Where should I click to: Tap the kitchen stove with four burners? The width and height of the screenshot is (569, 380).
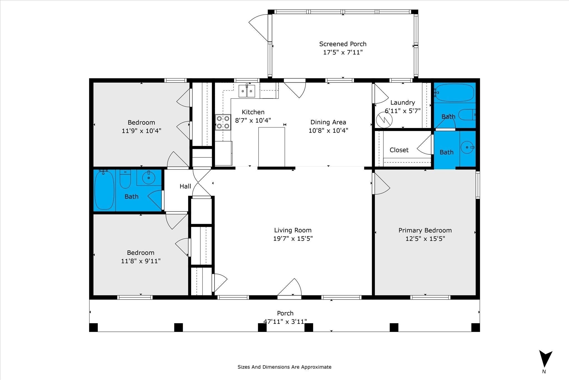223,122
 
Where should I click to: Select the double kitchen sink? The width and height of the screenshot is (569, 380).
247,91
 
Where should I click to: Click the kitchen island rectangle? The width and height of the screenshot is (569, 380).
271,147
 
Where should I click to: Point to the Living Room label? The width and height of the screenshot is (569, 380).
293,230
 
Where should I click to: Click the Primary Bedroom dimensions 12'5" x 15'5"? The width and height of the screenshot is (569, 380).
425,239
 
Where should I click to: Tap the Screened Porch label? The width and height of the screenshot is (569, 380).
343,44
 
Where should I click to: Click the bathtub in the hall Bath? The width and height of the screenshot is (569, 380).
104,190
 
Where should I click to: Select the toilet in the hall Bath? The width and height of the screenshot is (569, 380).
125,179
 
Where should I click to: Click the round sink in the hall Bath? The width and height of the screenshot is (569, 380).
149,177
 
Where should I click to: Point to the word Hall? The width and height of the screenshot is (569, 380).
185,186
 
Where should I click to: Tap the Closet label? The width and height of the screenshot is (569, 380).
399,150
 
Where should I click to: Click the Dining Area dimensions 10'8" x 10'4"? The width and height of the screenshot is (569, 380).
328,130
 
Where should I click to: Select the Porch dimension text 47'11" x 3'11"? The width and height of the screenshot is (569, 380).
285,322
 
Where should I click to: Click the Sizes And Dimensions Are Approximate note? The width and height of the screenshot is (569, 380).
284,367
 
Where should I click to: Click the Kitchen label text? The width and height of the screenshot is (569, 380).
253,112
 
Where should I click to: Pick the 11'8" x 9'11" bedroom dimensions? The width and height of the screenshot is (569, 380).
141,261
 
